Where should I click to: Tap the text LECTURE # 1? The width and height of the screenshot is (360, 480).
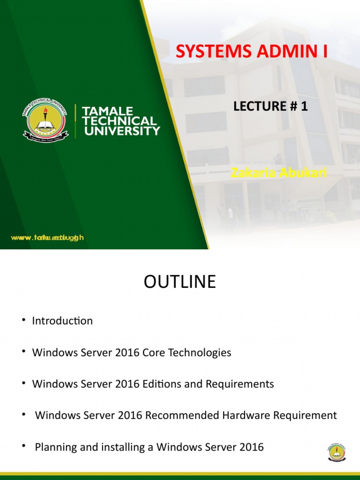270,106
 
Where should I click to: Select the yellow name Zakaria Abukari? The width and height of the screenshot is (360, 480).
278,173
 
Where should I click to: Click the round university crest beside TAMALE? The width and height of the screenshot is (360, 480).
45,120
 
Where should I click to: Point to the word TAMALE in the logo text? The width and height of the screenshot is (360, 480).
107,111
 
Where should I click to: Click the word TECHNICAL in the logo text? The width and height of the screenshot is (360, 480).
119,121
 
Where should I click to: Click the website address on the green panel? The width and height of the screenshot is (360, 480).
47,238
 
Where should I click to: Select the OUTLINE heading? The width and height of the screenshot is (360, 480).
180,282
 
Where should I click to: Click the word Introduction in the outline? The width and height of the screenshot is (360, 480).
62,321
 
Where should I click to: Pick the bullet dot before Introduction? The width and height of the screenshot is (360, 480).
23,320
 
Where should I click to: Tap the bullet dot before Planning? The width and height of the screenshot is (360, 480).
23,445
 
